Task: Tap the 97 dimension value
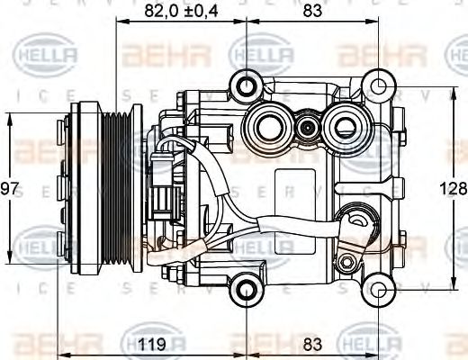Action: pyautogui.click(x=10, y=188)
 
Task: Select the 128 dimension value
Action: pyautogui.click(x=456, y=188)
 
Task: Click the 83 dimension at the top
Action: pyautogui.click(x=313, y=12)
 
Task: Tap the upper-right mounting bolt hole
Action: pyautogui.click(x=381, y=86)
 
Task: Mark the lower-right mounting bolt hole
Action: pyautogui.click(x=381, y=291)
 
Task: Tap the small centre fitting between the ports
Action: pyautogui.click(x=309, y=127)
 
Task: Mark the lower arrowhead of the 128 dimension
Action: pyautogui.click(x=456, y=287)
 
